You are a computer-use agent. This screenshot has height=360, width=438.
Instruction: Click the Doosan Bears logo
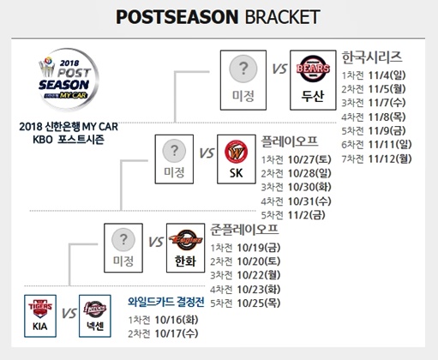point(313,69)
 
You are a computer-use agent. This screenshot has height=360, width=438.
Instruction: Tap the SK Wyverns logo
point(236,152)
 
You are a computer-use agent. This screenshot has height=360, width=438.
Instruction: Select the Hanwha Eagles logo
point(185,239)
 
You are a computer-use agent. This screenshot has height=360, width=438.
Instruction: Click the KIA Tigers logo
point(40,309)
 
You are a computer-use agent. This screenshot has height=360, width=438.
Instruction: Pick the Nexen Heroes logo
point(95,309)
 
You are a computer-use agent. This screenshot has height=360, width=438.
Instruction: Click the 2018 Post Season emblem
point(68,79)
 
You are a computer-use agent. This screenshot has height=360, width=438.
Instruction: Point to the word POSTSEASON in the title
point(177,17)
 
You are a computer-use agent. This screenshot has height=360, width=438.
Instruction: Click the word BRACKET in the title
point(282,17)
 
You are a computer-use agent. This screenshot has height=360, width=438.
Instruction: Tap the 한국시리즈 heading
point(372,57)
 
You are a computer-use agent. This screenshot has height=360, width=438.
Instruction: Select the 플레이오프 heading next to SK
point(290,141)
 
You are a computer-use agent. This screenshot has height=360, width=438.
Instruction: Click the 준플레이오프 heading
point(244,230)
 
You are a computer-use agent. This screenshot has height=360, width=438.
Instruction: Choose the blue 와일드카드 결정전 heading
point(166,302)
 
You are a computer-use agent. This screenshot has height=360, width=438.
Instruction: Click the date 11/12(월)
point(390,159)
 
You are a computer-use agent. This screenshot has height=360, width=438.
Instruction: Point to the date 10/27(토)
point(309,159)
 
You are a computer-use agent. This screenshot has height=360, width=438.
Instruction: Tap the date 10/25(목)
point(259,303)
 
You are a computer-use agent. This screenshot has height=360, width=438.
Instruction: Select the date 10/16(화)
point(177,320)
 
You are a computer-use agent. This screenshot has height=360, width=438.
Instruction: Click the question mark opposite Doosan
point(243,69)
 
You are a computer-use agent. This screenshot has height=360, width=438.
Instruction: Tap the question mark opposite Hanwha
point(123,239)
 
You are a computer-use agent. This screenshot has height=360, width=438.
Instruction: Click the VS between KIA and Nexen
point(69,314)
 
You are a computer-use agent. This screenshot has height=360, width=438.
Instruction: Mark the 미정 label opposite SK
point(174,172)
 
